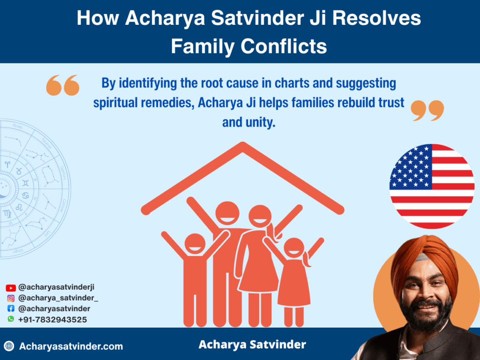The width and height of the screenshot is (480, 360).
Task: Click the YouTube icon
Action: (x=11, y=288)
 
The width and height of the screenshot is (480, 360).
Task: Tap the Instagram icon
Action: (x=11, y=298)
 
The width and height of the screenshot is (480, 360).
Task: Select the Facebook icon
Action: (x=11, y=308)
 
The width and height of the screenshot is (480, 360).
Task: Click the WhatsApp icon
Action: (x=11, y=319)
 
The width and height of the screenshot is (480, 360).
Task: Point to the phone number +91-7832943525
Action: (x=52, y=320)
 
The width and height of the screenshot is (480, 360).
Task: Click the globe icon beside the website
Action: (x=9, y=346)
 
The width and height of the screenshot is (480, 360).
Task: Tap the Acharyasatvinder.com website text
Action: (x=71, y=346)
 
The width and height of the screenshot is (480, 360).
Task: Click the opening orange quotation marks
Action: (x=63, y=85)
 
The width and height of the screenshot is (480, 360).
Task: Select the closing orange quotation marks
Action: (x=427, y=111)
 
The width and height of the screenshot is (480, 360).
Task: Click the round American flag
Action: (x=432, y=187)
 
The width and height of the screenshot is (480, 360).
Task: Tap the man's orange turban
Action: (x=425, y=260)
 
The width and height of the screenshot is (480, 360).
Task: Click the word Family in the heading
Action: (x=203, y=46)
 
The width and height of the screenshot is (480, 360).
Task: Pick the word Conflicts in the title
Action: (x=284, y=46)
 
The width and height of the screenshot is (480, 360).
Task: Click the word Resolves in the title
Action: (x=376, y=18)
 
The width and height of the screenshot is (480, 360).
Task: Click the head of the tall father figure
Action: (x=227, y=213)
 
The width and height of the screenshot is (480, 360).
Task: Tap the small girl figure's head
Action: (x=294, y=249)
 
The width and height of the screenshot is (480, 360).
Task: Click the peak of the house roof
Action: (x=242, y=144)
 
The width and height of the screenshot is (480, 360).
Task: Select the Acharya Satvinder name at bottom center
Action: (x=252, y=345)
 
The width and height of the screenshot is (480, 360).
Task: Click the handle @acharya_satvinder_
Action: (x=58, y=298)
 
